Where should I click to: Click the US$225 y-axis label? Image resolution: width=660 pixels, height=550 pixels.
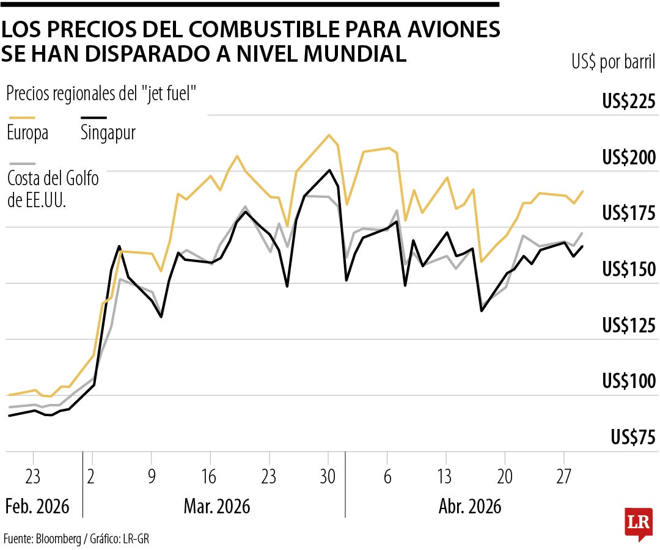pos(629,101)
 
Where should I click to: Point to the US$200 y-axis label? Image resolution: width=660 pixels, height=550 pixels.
pos(629,158)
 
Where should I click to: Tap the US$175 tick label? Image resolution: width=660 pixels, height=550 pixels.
pos(629,213)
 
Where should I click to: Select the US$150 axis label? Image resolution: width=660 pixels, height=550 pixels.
pos(629,269)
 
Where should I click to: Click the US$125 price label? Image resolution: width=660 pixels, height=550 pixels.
pos(629,326)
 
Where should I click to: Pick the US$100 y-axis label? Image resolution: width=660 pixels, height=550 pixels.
pos(629,381)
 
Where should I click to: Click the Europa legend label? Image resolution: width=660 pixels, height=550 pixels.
pos(28,133)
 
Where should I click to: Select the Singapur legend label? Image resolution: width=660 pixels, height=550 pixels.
pos(108,133)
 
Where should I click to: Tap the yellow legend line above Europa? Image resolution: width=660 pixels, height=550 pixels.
pos(21,117)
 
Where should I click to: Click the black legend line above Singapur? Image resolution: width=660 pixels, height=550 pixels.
pos(94,117)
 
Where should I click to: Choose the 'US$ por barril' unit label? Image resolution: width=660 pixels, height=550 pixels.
pos(614,62)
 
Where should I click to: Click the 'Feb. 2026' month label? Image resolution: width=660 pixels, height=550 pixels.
pos(37,507)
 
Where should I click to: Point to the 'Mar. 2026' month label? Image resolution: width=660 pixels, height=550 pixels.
pos(217,507)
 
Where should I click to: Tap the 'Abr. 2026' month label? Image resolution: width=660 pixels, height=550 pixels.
pos(470,507)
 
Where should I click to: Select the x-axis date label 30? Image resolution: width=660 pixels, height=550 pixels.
pos(328,477)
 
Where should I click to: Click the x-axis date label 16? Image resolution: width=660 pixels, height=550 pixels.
pos(210,477)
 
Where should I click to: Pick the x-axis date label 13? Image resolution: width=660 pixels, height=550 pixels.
pos(446,477)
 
